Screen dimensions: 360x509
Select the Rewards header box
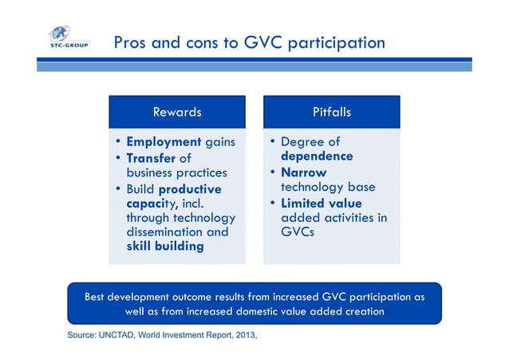[x=177, y=113]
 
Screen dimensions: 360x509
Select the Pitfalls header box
[x=331, y=113]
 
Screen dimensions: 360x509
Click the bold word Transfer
[x=152, y=157]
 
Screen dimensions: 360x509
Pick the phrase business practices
[x=177, y=172]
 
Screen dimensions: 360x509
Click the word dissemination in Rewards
[x=167, y=232]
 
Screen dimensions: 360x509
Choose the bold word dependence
[x=317, y=156]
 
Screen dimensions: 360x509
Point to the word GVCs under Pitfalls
[x=299, y=232]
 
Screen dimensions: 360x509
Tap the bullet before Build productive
[x=118, y=188]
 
